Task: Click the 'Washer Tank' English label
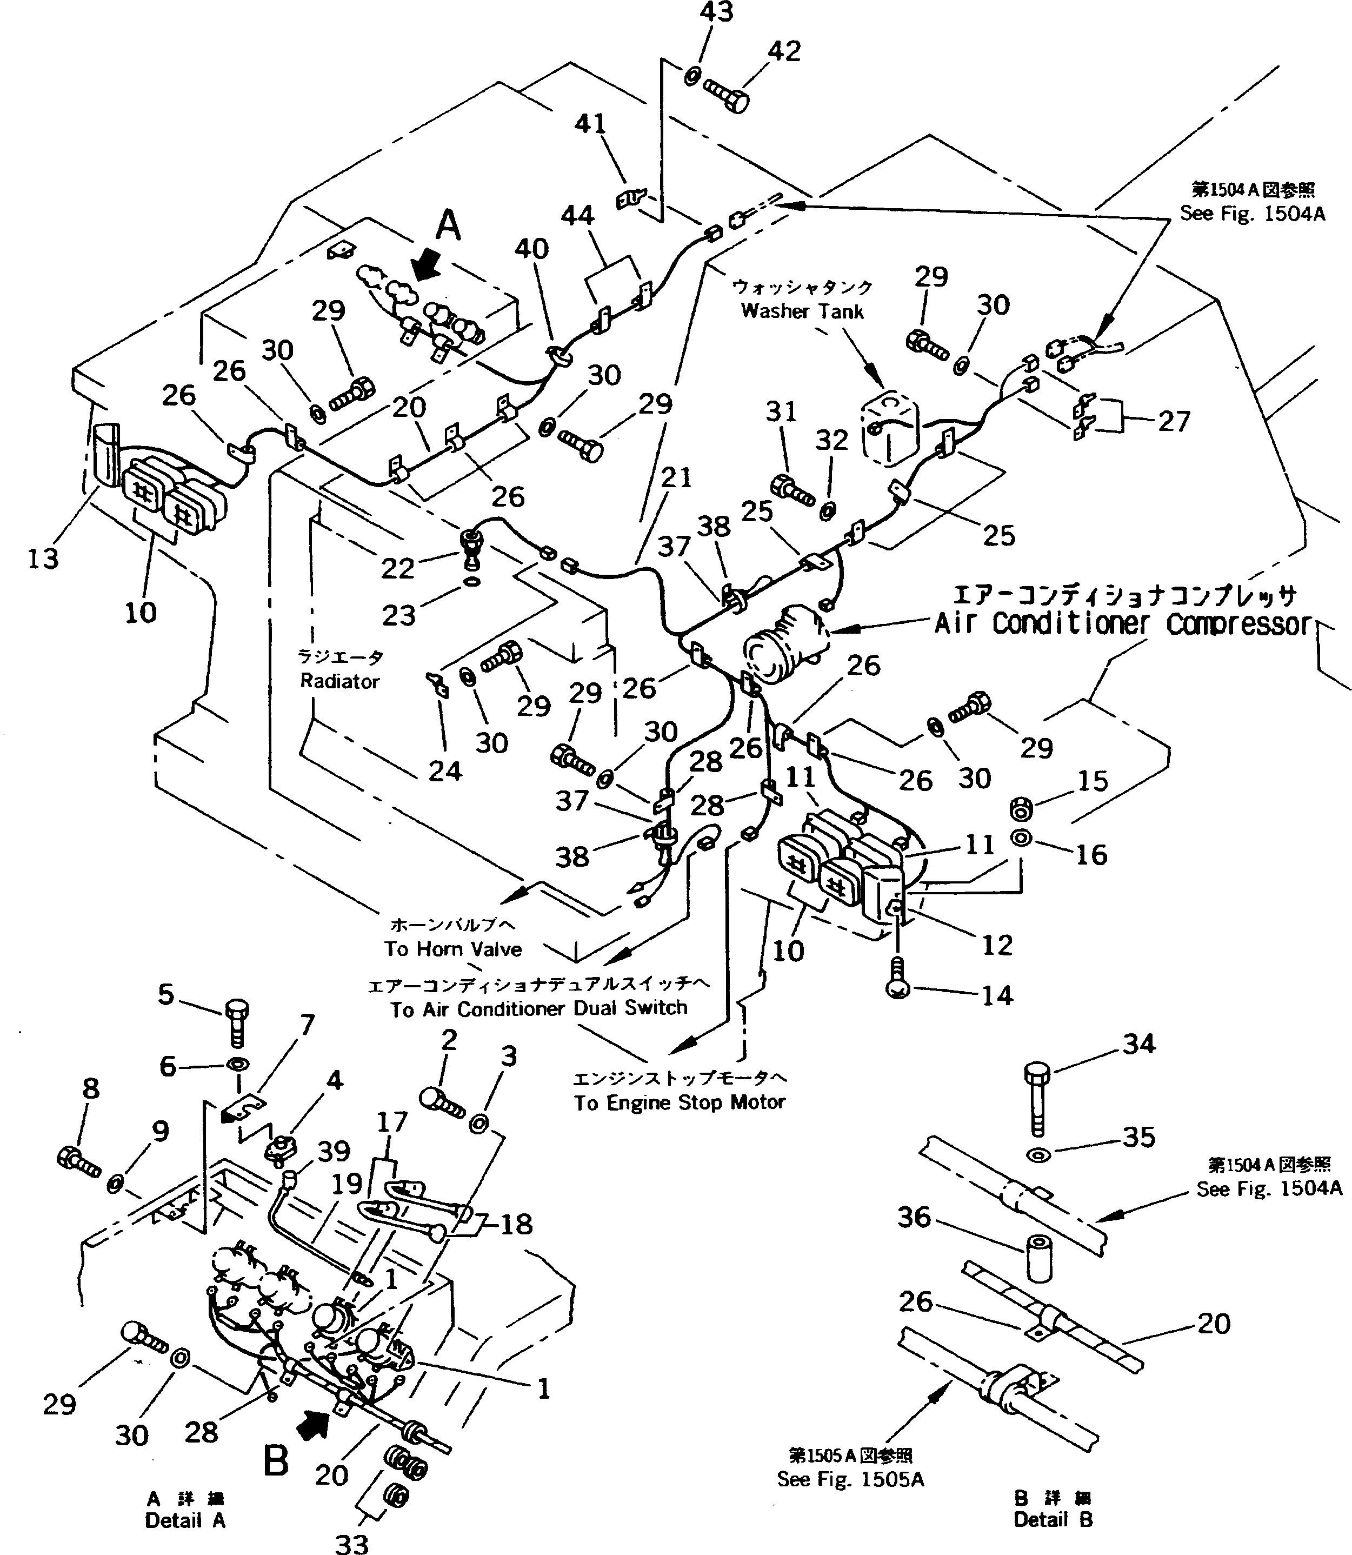[802, 311]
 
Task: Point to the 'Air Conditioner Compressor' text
[1123, 624]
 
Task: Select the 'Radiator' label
[339, 681]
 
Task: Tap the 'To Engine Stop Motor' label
[679, 1102]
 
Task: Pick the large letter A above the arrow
[448, 225]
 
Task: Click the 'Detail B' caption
[1053, 1519]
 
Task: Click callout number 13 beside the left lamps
[43, 559]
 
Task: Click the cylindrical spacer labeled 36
[1037, 1257]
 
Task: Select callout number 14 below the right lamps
[997, 995]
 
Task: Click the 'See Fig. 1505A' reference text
[850, 1479]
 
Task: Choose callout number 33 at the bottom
[351, 1543]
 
